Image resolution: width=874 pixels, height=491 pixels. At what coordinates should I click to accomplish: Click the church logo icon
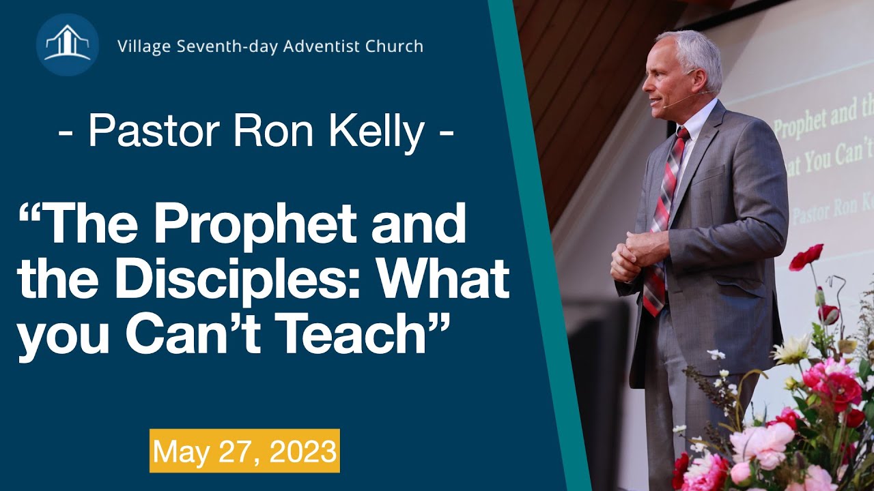click(67, 44)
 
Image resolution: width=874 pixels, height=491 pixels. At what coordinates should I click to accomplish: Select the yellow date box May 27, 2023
click(244, 451)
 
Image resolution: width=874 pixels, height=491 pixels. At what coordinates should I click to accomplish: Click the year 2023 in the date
click(303, 451)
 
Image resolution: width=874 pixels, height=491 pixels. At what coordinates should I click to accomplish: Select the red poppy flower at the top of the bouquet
click(807, 258)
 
